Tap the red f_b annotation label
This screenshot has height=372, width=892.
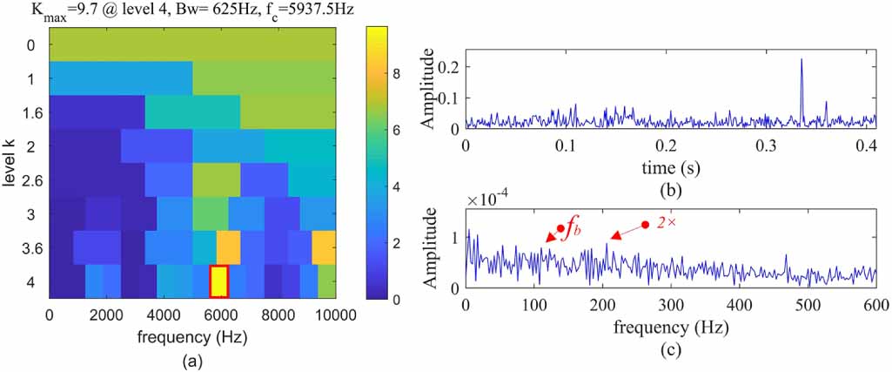pos(572,231)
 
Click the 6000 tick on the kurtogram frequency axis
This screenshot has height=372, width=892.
pos(221,315)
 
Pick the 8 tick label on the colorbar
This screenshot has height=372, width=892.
pos(397,74)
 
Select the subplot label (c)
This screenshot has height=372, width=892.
pos(671,351)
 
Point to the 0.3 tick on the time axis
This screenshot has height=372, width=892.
pos(774,145)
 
